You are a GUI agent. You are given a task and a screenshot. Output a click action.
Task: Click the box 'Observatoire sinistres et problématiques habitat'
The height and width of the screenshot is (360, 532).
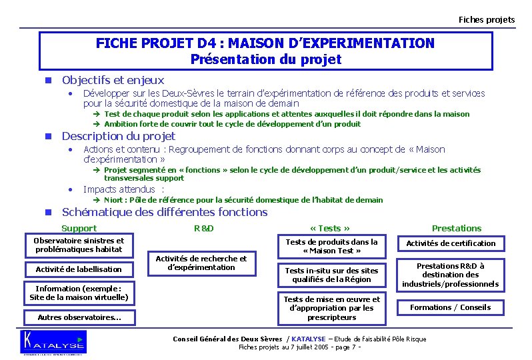[x=79, y=245]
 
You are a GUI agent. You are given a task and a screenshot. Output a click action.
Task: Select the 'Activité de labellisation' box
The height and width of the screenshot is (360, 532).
[x=79, y=269]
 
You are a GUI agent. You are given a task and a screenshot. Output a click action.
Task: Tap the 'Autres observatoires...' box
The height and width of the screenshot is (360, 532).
[x=79, y=317]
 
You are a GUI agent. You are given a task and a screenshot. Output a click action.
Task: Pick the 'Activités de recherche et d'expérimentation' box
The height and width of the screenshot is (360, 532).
[x=201, y=263]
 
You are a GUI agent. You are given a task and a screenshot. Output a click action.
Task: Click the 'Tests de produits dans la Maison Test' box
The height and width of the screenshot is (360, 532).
[x=331, y=246]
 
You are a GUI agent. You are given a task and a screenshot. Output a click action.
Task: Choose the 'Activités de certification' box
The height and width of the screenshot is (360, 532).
[x=451, y=243]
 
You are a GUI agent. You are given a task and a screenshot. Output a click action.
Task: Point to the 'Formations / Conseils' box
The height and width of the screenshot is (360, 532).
[x=450, y=307]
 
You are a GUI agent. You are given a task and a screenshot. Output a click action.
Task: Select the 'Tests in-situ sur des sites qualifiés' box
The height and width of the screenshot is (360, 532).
[x=331, y=275]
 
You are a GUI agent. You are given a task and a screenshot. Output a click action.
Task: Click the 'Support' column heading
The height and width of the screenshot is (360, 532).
[x=79, y=228]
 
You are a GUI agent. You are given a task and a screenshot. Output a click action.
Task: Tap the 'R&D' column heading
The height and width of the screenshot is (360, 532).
[x=203, y=228]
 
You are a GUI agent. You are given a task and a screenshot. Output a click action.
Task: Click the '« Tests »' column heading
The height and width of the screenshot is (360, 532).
[x=331, y=228]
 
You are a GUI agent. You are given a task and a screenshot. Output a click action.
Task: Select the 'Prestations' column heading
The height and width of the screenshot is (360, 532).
[x=456, y=228]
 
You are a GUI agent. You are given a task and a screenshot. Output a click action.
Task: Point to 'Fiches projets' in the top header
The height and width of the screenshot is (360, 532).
[x=486, y=19]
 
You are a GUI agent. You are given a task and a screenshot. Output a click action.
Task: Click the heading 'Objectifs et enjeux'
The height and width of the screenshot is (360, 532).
[x=113, y=80]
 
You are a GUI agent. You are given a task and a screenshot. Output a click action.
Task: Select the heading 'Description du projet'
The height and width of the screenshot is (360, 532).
[x=118, y=136]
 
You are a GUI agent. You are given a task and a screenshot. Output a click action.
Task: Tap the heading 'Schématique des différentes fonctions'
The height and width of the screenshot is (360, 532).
[x=165, y=212]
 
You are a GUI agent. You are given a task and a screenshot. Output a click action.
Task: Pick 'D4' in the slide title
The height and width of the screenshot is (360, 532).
[x=208, y=43]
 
